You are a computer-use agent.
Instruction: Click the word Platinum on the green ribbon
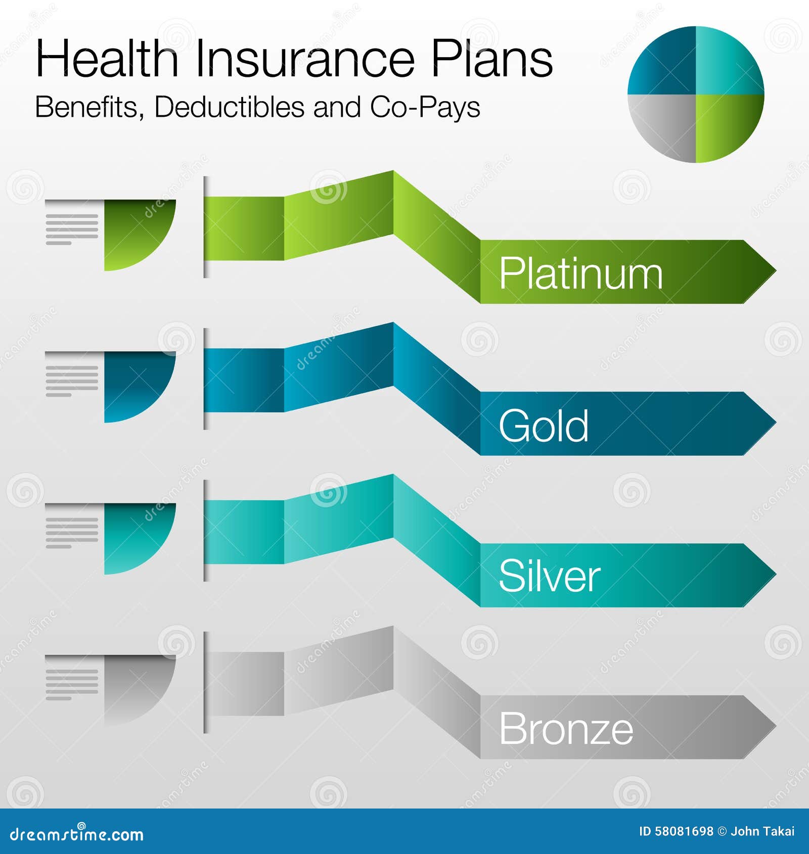tap(580, 273)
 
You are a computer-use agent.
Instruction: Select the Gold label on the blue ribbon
tap(544, 425)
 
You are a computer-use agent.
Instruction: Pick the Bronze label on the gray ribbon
tap(566, 728)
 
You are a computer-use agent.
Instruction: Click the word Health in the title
tap(107, 59)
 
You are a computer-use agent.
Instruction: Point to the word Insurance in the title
tap(305, 59)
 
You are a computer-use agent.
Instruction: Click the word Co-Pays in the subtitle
tap(425, 108)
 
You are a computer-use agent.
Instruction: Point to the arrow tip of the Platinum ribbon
tap(776, 272)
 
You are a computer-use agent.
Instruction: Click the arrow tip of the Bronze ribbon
tap(776, 727)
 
